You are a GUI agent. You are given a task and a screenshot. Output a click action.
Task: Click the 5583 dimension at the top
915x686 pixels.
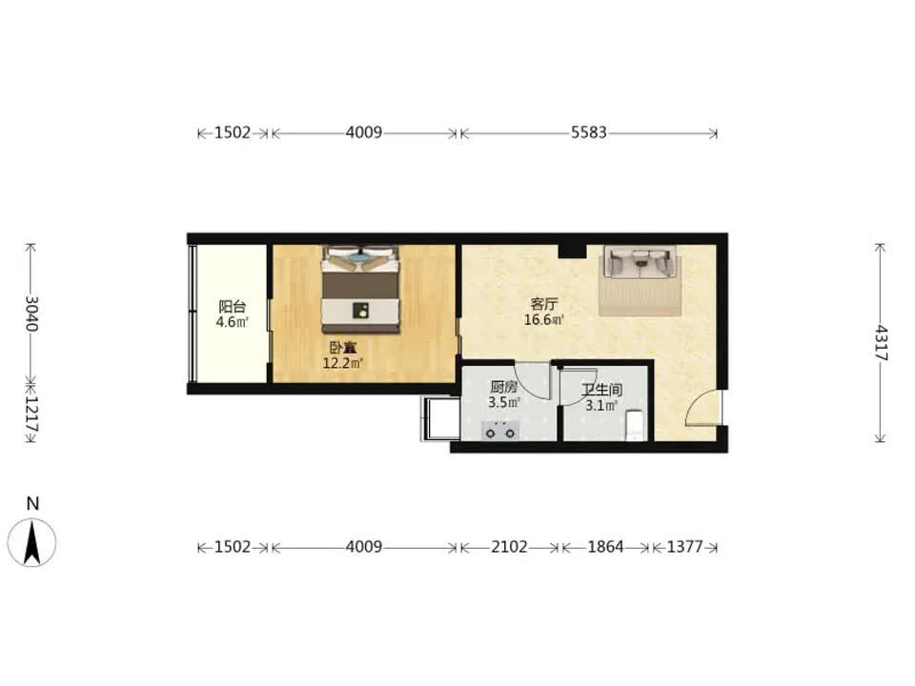(588, 132)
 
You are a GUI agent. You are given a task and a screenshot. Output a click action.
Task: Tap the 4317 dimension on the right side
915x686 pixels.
(881, 343)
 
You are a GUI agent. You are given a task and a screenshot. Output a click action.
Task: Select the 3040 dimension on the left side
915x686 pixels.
(31, 313)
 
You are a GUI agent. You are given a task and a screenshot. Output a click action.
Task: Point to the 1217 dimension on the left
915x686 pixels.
(31, 414)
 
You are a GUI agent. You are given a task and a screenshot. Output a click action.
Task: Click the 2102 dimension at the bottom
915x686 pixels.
(509, 547)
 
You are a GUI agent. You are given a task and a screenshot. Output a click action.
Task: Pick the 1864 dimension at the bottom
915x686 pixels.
(605, 547)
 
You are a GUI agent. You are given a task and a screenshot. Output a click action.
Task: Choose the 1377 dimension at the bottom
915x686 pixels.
(684, 547)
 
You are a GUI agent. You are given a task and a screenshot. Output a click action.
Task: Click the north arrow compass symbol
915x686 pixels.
(31, 542)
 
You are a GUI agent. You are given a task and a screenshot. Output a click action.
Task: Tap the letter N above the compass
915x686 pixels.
(32, 503)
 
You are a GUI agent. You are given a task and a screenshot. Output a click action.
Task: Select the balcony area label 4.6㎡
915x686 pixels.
(233, 322)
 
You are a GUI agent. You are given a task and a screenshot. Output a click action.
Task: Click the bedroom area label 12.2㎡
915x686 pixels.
(343, 364)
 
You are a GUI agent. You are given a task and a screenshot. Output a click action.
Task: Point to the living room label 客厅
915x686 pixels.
(544, 304)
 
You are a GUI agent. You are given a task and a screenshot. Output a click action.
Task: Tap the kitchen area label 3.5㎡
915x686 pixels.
(504, 402)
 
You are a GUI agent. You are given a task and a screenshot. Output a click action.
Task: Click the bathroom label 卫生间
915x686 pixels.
(601, 390)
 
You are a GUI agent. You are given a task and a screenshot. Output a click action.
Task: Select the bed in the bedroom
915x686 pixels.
(361, 290)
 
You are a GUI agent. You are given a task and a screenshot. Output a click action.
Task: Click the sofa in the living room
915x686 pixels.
(640, 262)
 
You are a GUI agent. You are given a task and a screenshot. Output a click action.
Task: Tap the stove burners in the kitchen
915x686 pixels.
(500, 432)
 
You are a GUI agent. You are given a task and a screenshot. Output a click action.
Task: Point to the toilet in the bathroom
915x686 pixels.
(636, 427)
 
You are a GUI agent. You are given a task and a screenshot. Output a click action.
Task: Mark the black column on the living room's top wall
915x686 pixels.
(572, 251)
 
